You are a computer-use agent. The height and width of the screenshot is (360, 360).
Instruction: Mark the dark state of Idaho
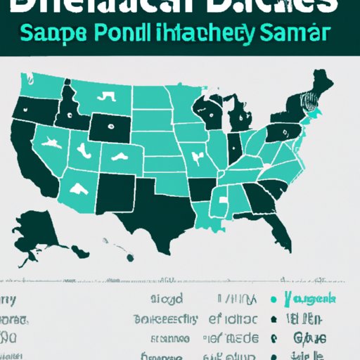click(x=68, y=109)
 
